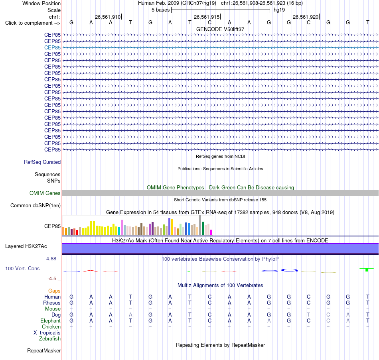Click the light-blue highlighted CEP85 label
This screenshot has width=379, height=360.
52,47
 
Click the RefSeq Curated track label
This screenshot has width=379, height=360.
42,162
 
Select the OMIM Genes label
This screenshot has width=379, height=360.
45,193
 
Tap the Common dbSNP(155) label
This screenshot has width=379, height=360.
36,206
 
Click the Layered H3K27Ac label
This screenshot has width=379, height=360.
26,246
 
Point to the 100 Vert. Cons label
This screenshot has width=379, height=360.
22,268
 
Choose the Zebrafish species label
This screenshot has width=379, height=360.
50,339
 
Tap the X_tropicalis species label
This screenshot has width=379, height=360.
47,333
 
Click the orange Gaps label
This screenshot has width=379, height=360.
54,291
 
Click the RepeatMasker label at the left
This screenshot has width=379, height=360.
44,350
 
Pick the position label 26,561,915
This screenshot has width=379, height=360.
207,17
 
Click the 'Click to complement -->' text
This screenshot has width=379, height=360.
33,23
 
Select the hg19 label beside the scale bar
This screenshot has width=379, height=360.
279,10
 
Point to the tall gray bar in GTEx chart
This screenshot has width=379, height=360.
200,225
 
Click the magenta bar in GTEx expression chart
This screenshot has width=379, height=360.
211,232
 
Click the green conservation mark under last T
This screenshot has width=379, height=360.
367,270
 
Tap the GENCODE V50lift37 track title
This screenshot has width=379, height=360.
220,29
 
